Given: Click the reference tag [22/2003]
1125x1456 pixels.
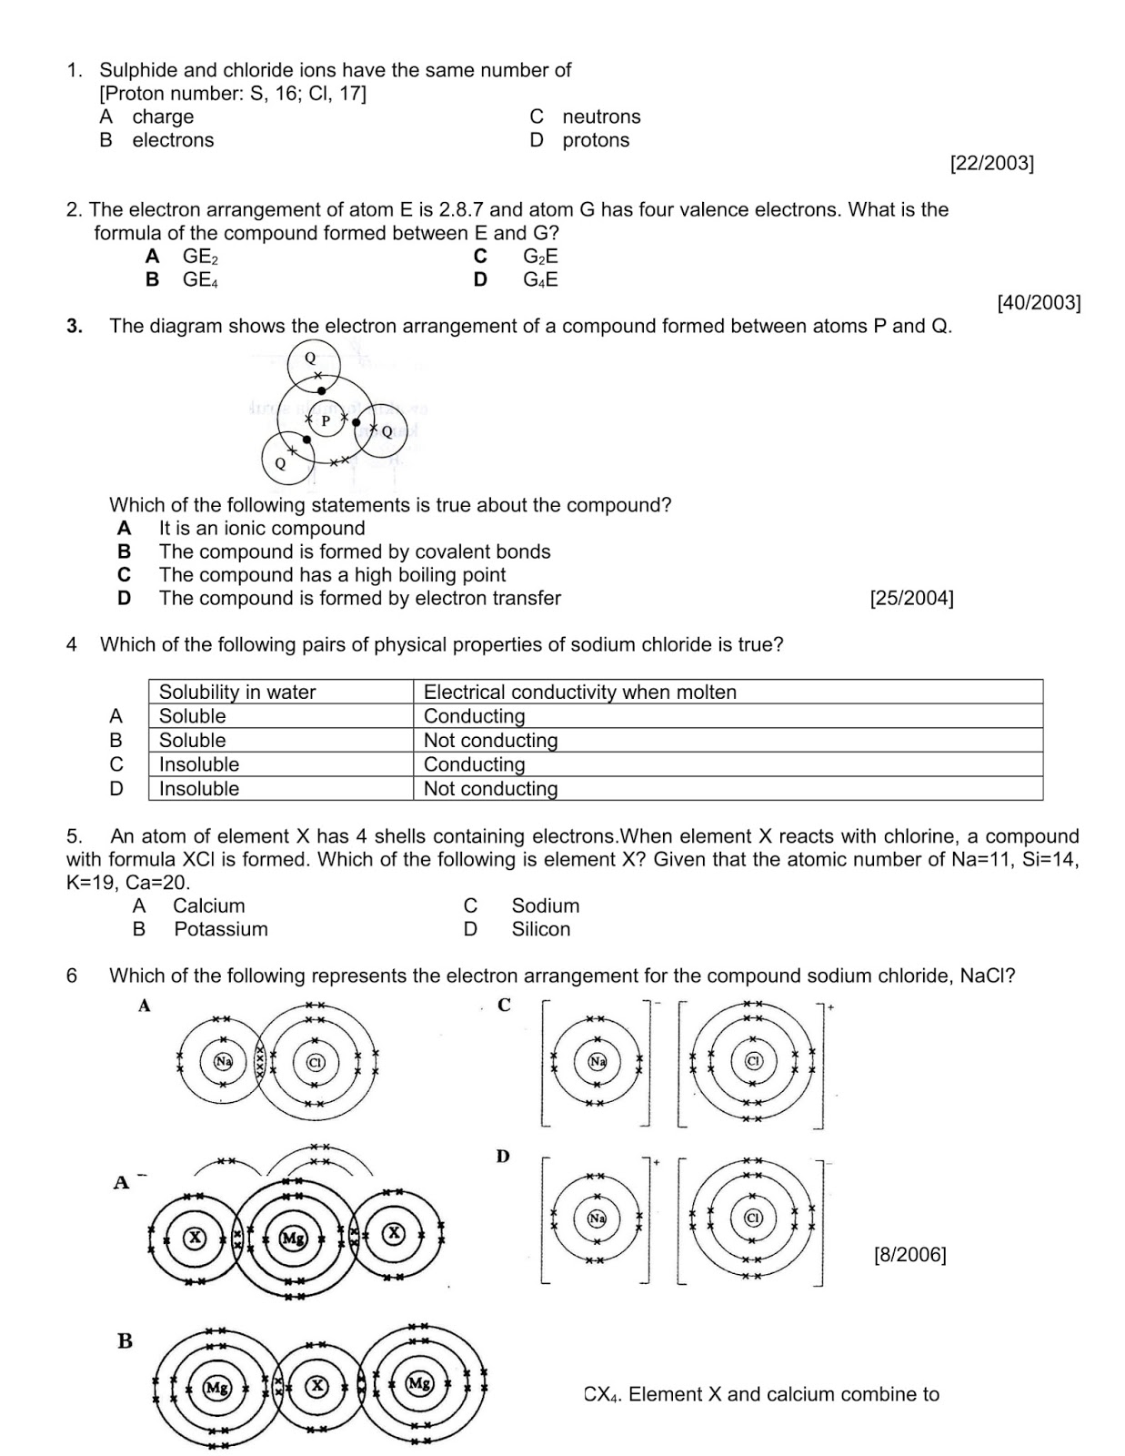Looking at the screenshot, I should pos(991,164).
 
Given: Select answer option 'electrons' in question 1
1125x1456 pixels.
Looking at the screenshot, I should pos(173,140).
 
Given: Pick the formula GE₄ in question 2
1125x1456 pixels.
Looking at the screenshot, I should pos(200,279).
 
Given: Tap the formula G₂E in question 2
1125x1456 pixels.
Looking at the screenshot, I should pos(540,257).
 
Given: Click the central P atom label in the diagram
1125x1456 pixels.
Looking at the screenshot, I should pos(326,420).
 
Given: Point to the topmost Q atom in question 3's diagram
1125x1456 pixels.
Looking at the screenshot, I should pos(310,359).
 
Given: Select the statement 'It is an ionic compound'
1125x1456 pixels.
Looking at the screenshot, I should pos(261,529).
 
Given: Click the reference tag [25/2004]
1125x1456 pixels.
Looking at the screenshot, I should pos(911,599).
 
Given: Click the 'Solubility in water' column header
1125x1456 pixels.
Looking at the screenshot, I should pos(237,692).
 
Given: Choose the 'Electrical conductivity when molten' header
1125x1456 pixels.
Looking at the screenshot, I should pos(579,692).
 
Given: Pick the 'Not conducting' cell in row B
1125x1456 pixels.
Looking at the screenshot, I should pos(490,741).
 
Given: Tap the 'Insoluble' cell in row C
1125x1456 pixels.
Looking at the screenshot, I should pos(199,764).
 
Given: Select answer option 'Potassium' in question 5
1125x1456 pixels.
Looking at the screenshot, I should pos(221,929).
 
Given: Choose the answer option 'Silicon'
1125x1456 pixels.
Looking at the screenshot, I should pos(541,929).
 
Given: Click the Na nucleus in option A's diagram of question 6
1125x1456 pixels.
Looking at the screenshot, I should pos(223,1061).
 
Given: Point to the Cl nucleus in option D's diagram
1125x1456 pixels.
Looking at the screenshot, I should pos(753,1218).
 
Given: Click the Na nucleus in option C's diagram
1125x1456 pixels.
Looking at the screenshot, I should pos(597,1061).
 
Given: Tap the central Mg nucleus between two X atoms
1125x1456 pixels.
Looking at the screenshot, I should pos(293,1238).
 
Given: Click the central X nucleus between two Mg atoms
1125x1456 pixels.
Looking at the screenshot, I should pos(317,1386).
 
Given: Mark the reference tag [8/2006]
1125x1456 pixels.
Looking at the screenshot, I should pos(909,1255).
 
